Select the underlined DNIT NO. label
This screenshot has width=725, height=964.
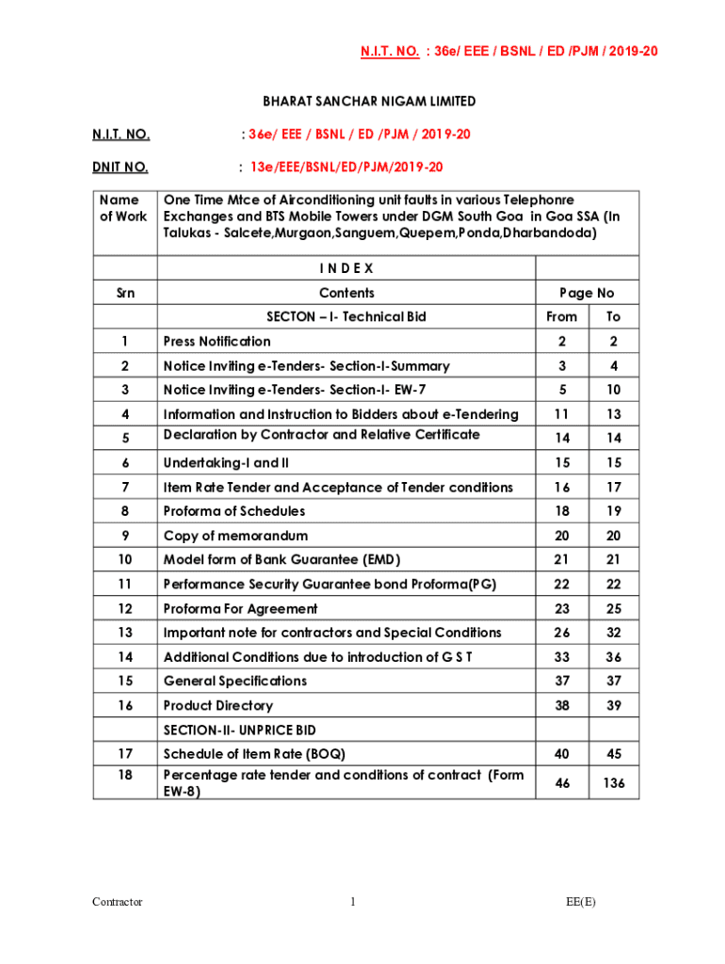coord(120,168)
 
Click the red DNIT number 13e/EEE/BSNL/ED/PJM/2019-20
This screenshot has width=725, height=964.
coord(340,168)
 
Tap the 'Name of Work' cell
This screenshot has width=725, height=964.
coord(124,208)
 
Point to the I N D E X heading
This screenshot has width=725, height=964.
coord(346,268)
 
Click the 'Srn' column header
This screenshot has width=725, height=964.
coord(124,293)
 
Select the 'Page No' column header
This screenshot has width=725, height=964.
coord(588,293)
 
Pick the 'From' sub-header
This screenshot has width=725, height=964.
coord(563,317)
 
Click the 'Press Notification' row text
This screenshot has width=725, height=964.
coord(217,342)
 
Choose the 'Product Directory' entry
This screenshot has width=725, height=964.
coord(218,705)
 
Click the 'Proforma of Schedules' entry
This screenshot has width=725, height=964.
coord(234,511)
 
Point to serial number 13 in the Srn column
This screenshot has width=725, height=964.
coord(124,633)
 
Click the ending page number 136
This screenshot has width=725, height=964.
coord(614,782)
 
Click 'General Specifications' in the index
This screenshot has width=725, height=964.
coord(235,681)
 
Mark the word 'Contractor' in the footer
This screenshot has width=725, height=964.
coord(118,902)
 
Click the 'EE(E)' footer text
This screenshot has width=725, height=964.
coord(581,902)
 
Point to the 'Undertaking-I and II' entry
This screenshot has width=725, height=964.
coord(226,463)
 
